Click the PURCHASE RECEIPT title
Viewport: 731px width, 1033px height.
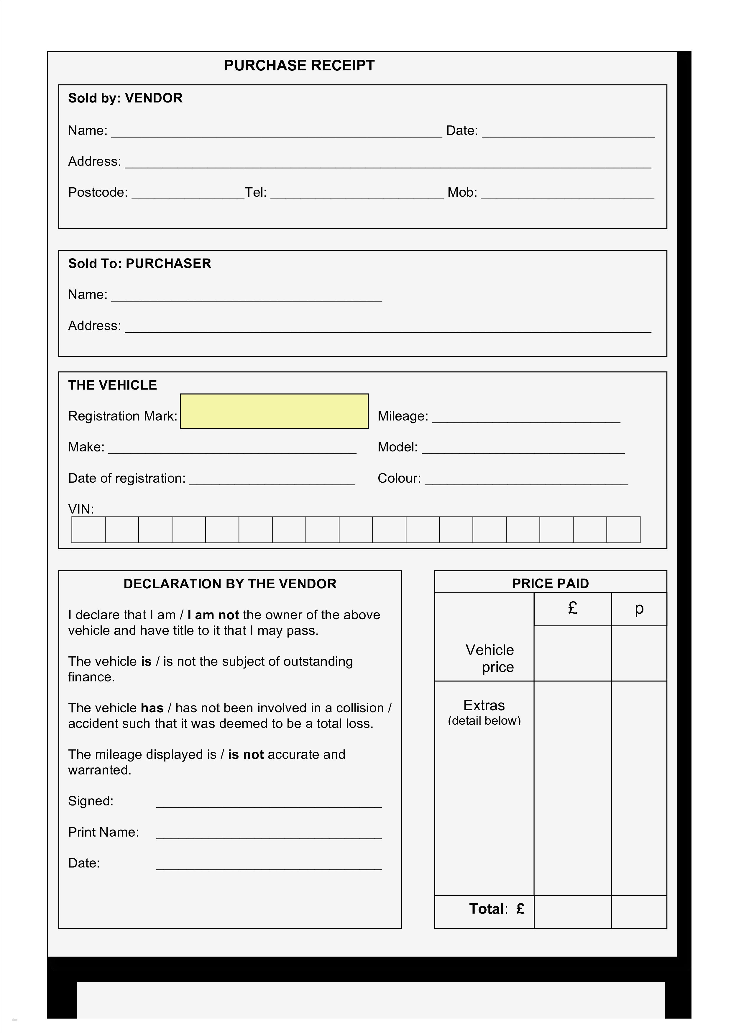[x=299, y=66]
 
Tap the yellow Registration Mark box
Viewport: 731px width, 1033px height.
[x=274, y=411]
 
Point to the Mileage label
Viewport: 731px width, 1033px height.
[x=402, y=416]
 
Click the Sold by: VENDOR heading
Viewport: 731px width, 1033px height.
[x=125, y=98]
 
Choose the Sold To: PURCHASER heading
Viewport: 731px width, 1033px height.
[x=139, y=264]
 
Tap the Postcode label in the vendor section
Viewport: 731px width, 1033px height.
[x=98, y=193]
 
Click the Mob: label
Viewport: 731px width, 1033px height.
[x=462, y=193]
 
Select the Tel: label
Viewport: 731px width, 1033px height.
[x=255, y=193]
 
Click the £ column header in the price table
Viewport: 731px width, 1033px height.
[x=572, y=608]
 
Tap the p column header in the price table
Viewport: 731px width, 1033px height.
[x=639, y=608]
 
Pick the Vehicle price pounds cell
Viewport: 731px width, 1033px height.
[x=572, y=653]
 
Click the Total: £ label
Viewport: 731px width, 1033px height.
[x=496, y=909]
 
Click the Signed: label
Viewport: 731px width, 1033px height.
[x=91, y=801]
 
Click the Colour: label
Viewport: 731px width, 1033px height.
[x=399, y=478]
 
